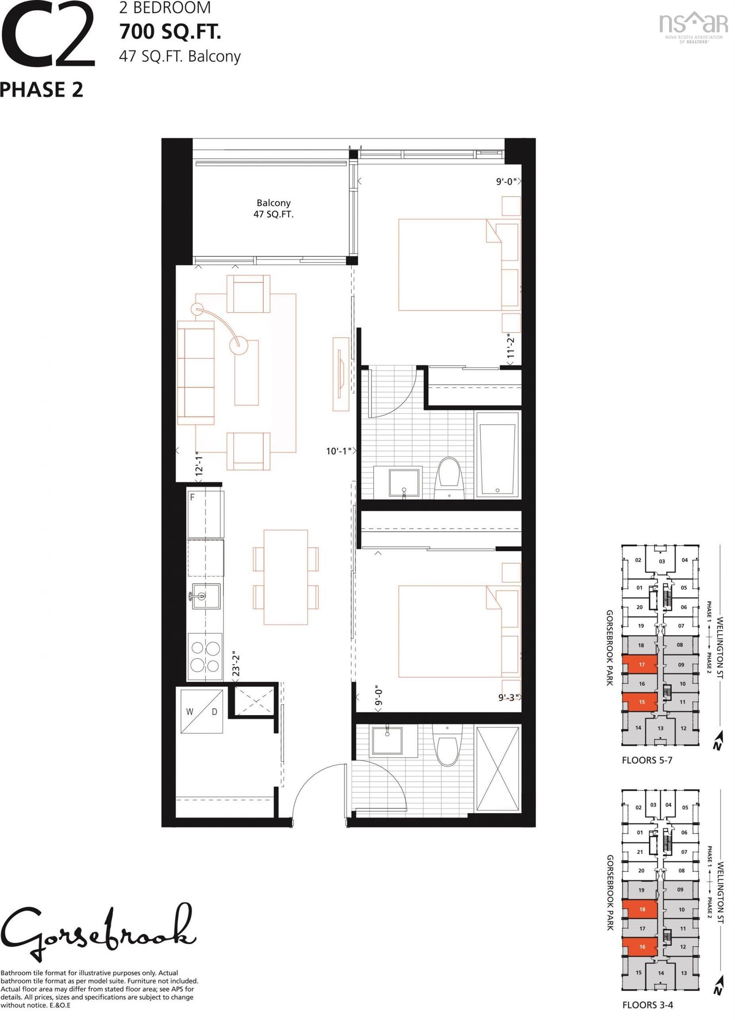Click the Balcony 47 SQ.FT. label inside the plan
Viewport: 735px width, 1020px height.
point(273,209)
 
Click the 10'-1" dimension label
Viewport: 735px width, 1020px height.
point(339,451)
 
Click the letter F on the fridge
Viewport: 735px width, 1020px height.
point(192,498)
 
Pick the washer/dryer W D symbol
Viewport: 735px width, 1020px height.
point(202,711)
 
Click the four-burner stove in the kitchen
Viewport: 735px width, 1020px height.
point(205,657)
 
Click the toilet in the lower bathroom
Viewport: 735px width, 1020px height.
point(446,747)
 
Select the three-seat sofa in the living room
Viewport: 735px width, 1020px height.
point(196,372)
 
